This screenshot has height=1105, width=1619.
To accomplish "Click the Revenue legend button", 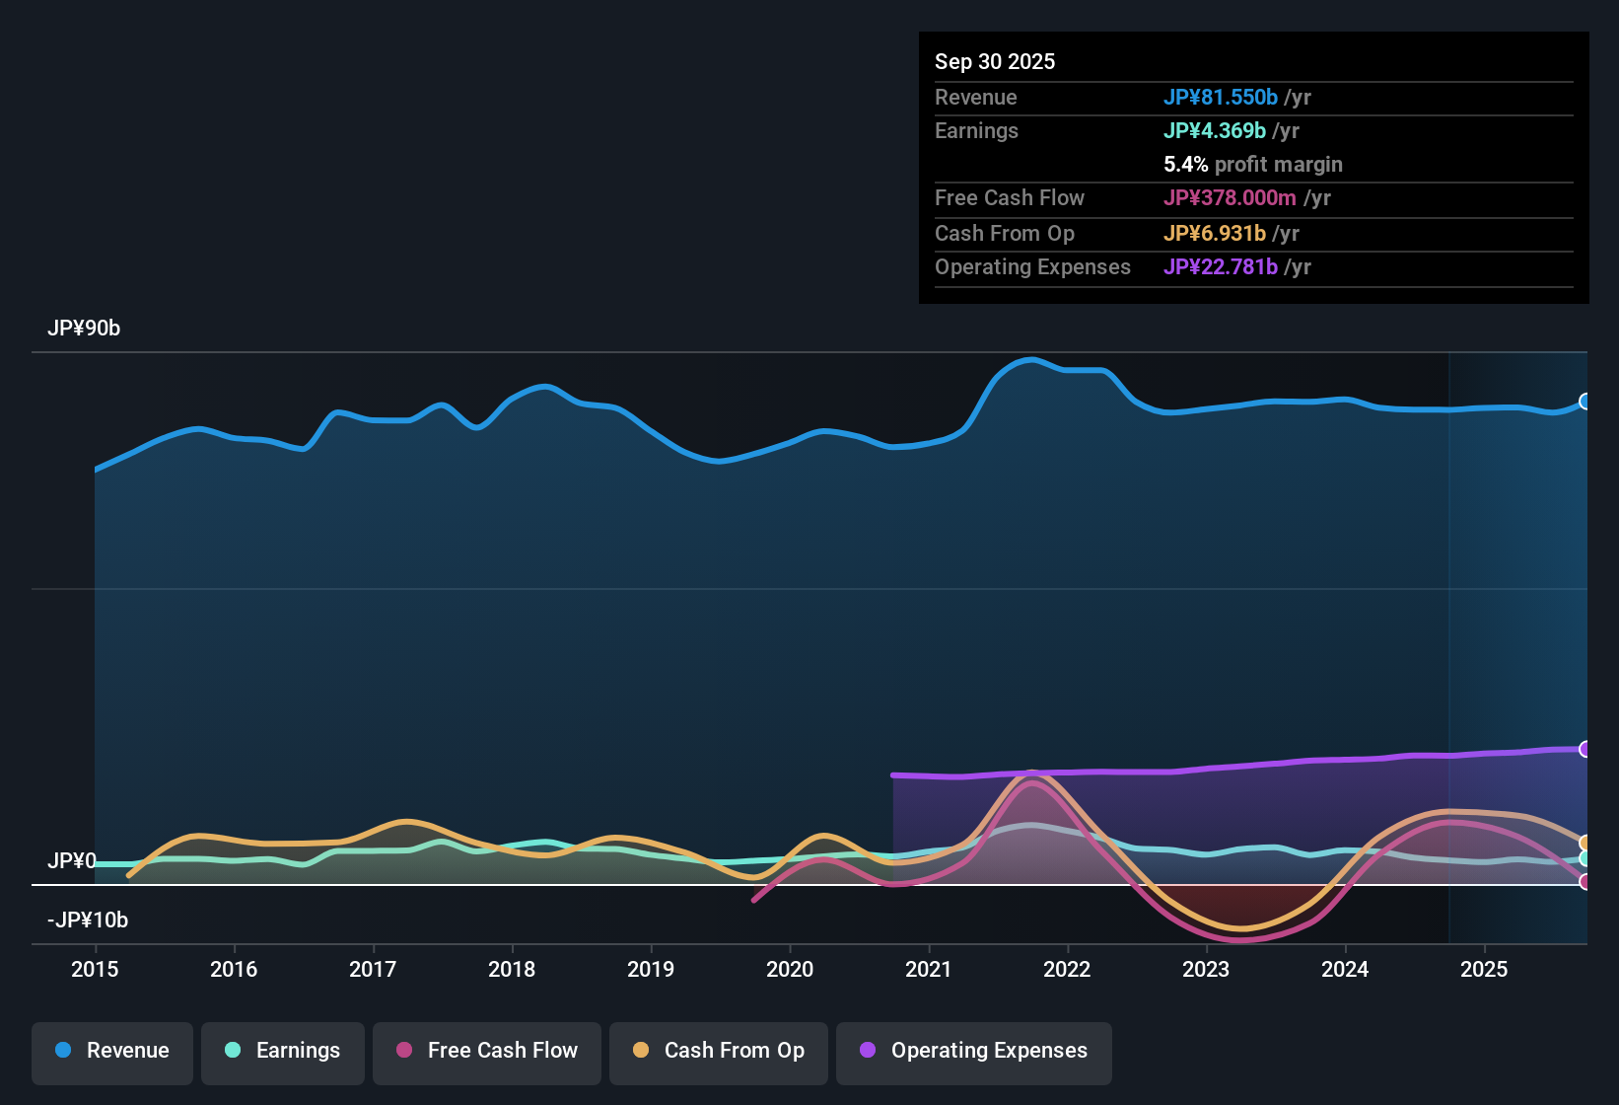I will tap(112, 1051).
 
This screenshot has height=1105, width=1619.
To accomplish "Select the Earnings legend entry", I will tap(283, 1051).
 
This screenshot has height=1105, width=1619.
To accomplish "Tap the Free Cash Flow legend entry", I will tap(487, 1051).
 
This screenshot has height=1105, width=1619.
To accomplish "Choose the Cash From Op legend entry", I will tap(719, 1051).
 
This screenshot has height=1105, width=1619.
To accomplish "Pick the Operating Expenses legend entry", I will tap(974, 1051).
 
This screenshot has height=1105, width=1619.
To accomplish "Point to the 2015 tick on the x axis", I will tap(95, 969).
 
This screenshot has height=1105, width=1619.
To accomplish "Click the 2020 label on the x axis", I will tap(790, 969).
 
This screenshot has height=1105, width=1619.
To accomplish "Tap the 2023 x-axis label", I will tap(1206, 969).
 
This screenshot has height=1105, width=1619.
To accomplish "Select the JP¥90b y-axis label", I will tap(84, 329).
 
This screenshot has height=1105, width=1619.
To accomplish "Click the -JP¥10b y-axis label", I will tap(88, 921).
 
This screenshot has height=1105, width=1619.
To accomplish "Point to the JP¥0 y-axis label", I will tap(72, 861).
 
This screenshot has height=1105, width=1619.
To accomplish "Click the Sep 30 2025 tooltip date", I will tap(995, 61).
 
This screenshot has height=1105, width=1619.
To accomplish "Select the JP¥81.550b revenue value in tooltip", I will tap(1221, 97).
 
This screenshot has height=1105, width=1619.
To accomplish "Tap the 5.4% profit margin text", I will tap(1253, 165).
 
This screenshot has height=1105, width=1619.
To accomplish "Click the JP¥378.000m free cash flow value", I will tap(1230, 198).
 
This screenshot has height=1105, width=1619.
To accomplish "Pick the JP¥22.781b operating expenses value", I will tap(1221, 267).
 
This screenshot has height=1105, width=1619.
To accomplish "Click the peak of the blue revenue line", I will tap(1031, 359).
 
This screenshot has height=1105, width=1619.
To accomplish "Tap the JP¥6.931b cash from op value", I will tap(1215, 234).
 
